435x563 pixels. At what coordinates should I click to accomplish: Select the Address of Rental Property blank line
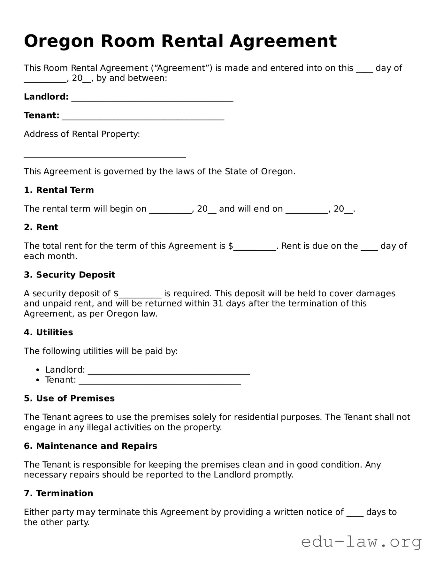[105, 155]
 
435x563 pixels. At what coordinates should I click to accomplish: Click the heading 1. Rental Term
[59, 190]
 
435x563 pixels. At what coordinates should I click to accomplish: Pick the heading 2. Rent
[41, 227]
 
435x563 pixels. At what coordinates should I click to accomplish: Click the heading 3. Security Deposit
[69, 275]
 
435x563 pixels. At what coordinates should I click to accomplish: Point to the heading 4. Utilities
[48, 332]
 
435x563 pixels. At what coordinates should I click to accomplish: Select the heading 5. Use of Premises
[69, 399]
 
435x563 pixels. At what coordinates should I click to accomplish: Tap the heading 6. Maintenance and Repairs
[90, 446]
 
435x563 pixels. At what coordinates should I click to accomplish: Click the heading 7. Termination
[58, 493]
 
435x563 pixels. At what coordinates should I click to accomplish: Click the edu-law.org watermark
[361, 542]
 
